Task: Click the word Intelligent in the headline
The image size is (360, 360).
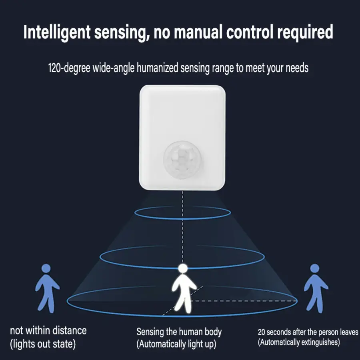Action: (x=57, y=32)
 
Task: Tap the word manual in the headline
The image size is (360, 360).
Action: (x=198, y=32)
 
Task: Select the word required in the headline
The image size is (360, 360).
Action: (x=305, y=32)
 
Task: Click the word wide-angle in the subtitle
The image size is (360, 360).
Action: (x=114, y=68)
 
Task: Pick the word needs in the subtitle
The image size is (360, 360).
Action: (x=298, y=68)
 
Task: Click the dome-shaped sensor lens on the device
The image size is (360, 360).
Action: (x=182, y=160)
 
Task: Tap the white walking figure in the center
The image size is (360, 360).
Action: (x=184, y=290)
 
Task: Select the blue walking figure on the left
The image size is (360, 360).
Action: (x=47, y=288)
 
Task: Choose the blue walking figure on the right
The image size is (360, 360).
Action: (x=316, y=288)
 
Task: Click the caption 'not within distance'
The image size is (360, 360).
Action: (x=48, y=331)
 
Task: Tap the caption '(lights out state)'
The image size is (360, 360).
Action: (x=43, y=344)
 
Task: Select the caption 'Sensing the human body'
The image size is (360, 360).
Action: (x=179, y=332)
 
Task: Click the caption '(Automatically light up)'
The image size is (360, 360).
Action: (x=176, y=344)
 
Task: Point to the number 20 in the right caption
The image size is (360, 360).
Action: (x=262, y=332)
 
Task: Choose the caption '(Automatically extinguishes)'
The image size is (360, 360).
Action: (x=299, y=342)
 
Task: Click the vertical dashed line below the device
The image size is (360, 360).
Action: (x=183, y=227)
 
